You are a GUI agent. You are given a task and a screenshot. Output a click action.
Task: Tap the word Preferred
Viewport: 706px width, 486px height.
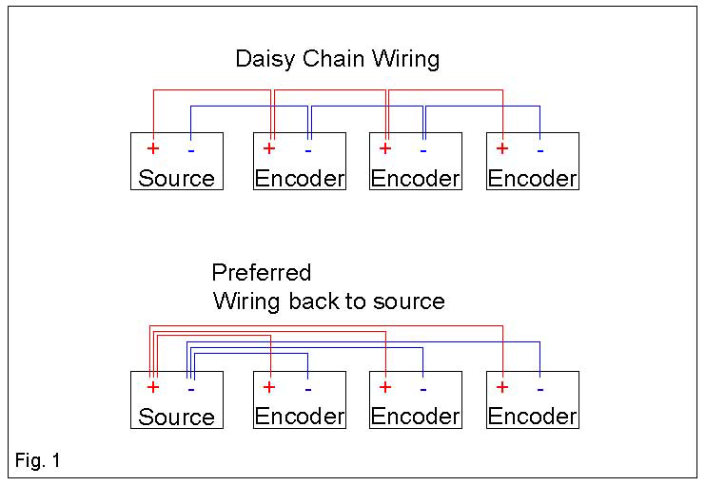[x=261, y=273]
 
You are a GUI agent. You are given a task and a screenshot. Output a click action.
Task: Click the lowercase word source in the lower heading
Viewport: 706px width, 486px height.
[x=411, y=301]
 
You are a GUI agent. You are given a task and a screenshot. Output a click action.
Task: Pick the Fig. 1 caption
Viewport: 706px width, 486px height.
[x=38, y=461]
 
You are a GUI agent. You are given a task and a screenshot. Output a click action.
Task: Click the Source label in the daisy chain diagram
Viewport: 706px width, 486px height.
[x=177, y=178]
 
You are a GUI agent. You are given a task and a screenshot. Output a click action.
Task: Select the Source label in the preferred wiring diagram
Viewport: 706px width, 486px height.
[x=177, y=417]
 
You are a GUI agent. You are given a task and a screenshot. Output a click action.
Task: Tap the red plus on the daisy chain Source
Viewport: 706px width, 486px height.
[x=152, y=148]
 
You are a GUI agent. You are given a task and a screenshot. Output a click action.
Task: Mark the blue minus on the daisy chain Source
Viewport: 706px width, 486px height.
[x=191, y=149]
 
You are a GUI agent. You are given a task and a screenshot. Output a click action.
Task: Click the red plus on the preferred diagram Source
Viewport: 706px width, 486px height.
[x=152, y=387]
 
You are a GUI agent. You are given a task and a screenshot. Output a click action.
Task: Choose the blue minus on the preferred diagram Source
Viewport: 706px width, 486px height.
[x=191, y=388]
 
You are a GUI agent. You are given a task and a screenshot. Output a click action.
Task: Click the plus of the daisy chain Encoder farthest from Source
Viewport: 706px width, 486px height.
[x=502, y=148]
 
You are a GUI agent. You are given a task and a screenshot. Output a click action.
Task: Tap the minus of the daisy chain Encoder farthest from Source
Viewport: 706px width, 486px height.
[x=540, y=149]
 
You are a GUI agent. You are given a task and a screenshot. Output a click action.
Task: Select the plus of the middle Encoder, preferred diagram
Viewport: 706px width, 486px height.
[x=385, y=387]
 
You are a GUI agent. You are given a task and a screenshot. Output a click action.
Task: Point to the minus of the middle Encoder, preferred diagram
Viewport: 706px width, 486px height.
[x=423, y=388]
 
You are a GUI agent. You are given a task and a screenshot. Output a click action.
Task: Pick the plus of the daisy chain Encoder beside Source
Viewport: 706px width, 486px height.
[x=269, y=148]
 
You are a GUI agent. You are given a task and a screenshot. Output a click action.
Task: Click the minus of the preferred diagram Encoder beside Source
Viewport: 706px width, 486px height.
[x=307, y=388]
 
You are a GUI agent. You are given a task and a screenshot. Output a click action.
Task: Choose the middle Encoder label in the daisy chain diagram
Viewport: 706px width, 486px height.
[x=415, y=178]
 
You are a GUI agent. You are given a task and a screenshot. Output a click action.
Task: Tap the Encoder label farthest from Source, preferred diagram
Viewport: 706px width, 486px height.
[x=532, y=417]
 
